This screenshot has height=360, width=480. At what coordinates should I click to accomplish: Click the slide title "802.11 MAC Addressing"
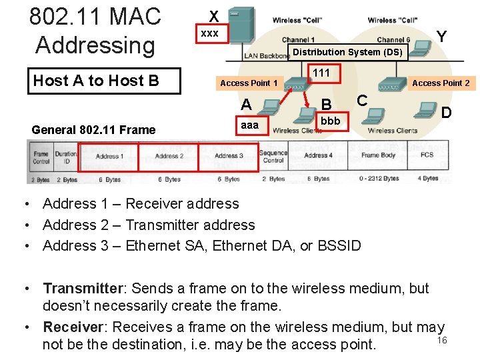tap(95, 31)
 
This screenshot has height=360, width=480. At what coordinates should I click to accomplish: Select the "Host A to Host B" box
tap(96, 81)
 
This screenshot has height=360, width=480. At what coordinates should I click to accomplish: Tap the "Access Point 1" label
tap(249, 83)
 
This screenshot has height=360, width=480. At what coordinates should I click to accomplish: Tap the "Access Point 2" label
tap(441, 83)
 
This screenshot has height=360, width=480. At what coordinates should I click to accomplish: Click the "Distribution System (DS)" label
tap(347, 52)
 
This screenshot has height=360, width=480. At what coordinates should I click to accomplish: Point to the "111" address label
tap(321, 73)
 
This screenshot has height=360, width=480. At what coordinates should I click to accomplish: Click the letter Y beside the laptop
tap(441, 36)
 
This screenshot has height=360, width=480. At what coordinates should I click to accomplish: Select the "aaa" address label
tap(249, 125)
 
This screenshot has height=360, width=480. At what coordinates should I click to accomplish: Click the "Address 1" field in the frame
tap(108, 157)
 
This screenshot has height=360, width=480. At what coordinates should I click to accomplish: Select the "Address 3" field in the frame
tap(229, 157)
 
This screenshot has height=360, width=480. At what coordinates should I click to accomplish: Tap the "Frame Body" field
tap(379, 155)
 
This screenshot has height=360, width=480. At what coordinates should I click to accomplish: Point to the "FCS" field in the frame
tap(427, 155)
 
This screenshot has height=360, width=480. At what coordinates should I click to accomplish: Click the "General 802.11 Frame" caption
tap(93, 130)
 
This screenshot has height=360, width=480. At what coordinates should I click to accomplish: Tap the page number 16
tap(441, 341)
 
